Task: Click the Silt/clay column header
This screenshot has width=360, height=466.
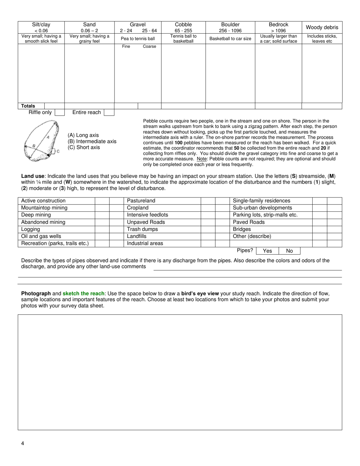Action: coord(41,25)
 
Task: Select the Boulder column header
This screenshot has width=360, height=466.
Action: coord(230,25)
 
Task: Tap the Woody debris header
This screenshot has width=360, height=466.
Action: coord(322,27)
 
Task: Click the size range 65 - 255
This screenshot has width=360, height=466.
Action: coord(183,31)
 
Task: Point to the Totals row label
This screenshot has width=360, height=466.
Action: coord(28,106)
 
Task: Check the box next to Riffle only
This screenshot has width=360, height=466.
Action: coord(59,113)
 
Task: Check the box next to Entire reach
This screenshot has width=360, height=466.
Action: coord(109,113)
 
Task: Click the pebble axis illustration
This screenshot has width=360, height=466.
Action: coord(41,141)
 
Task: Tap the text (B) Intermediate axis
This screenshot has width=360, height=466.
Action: coord(92,141)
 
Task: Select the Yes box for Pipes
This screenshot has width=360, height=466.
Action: coord(267,251)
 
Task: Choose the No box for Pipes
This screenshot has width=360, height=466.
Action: coord(290,251)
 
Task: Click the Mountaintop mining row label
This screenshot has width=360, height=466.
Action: coord(44,208)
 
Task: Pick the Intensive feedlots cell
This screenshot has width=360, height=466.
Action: coord(147,215)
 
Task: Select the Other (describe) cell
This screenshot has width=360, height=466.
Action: coord(252,236)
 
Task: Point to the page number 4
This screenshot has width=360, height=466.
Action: coord(23,444)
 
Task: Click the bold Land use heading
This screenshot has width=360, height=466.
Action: coord(33,176)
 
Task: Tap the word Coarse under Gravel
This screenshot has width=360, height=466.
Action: coord(149,47)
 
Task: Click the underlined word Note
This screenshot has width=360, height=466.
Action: coord(202,159)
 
